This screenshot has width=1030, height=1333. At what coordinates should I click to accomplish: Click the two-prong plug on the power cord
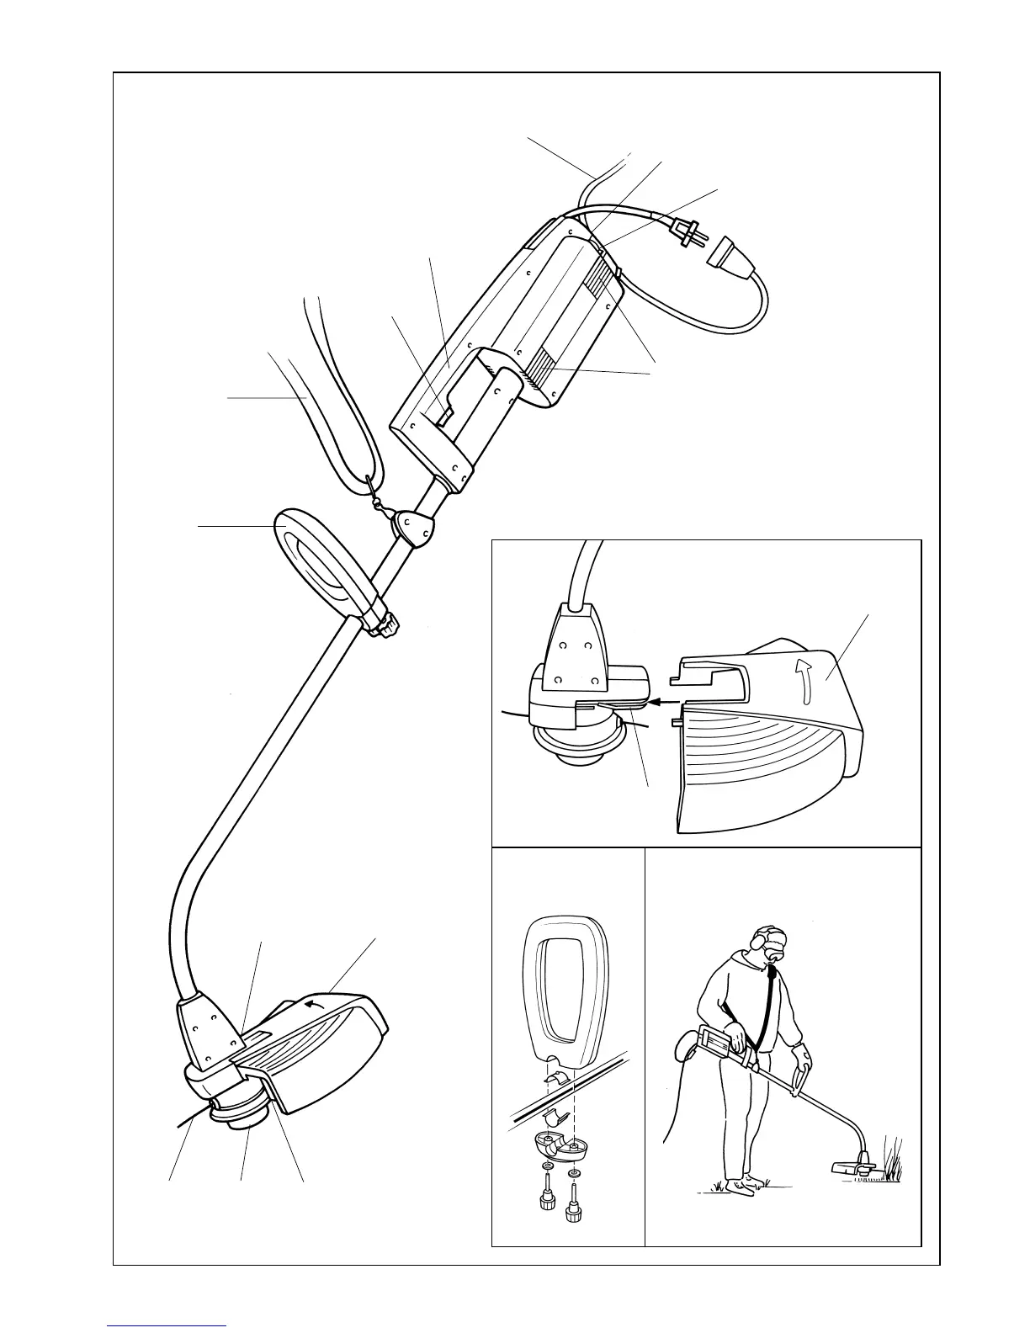click(683, 233)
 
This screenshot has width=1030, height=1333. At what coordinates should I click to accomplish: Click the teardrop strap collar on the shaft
click(413, 528)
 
